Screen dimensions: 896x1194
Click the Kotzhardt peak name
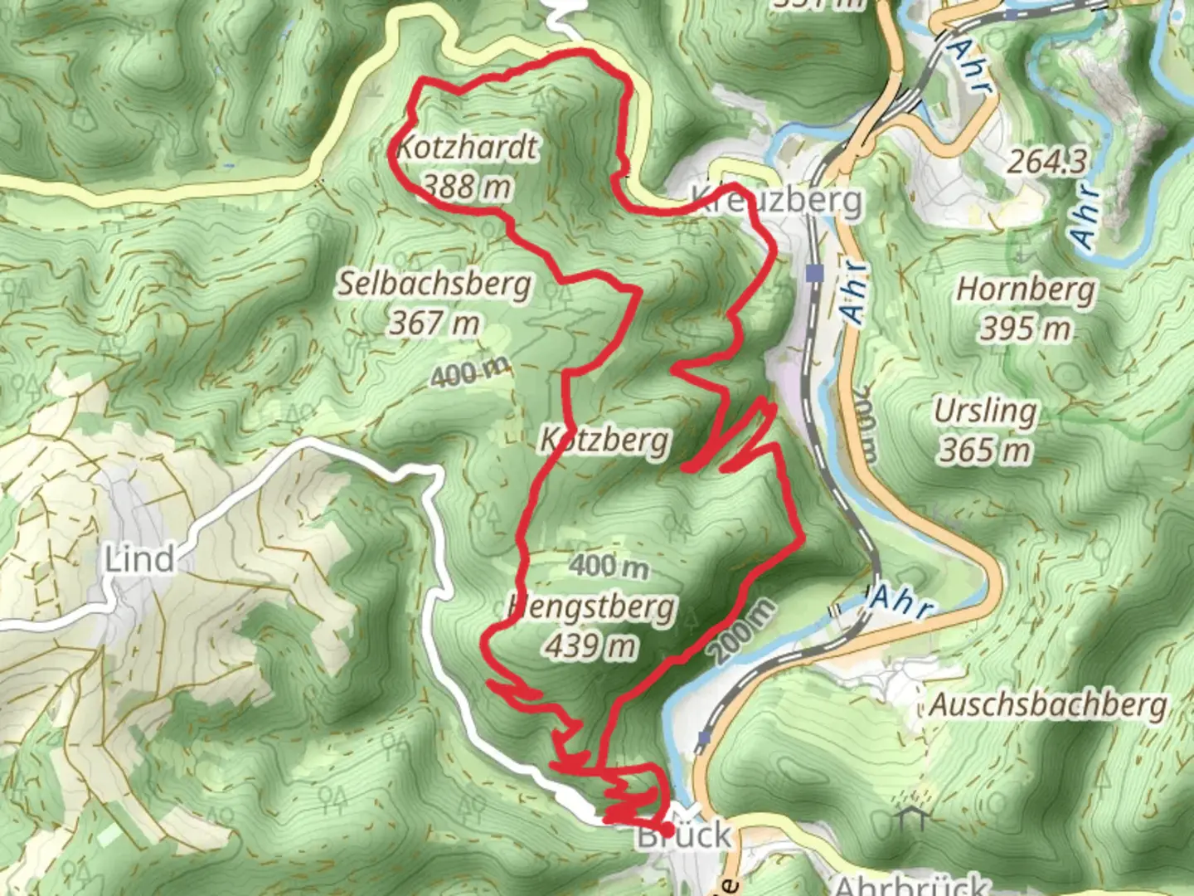(467, 149)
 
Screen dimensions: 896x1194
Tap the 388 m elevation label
(467, 186)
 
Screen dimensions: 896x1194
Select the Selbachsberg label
(434, 285)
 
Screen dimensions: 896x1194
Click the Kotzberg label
(605, 439)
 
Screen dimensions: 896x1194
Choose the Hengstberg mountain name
(592, 607)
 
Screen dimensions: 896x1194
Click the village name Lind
(140, 559)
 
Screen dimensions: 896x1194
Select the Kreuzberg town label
(777, 200)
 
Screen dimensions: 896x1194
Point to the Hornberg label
(1026, 290)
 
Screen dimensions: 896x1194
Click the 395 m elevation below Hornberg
(1026, 329)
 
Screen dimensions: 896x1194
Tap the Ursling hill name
(985, 411)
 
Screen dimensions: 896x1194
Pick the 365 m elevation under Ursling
(985, 450)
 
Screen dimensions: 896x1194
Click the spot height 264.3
(1046, 162)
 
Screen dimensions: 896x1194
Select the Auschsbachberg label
(1048, 705)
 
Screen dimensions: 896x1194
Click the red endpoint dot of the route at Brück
(667, 828)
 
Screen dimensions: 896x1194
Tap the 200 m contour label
(744, 631)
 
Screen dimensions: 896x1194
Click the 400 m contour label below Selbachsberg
(470, 373)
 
